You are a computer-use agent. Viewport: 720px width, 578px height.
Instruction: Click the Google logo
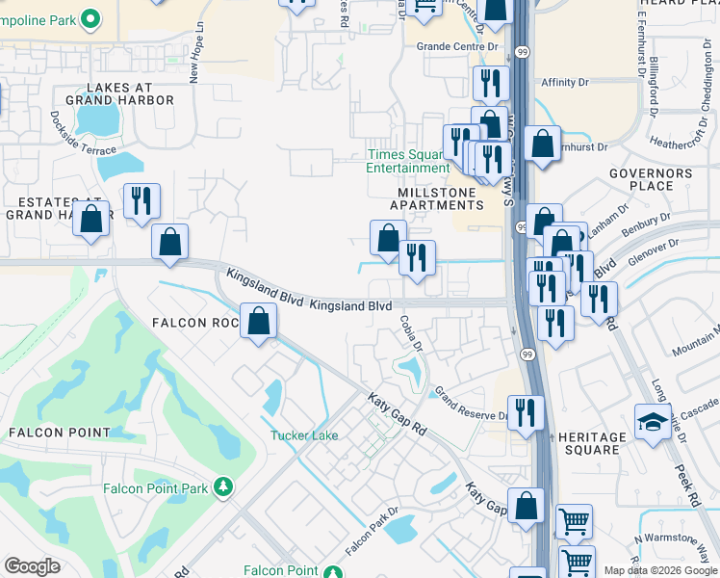coord(32,566)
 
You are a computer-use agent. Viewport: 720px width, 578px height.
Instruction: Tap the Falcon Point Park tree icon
coord(223,487)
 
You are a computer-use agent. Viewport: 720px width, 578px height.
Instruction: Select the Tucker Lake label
coord(303,435)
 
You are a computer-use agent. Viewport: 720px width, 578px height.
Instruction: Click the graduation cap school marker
coord(653,422)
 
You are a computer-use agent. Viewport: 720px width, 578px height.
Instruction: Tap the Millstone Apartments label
coord(438,199)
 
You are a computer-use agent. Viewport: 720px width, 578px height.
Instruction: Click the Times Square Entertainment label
coord(408,161)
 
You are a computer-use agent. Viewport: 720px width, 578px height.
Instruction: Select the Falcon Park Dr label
coord(372,530)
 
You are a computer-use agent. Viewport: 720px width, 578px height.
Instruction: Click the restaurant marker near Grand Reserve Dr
coord(526,411)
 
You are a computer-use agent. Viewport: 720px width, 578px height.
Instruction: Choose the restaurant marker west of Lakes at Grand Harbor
coord(141,200)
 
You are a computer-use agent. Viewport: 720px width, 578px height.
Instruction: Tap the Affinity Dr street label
coord(571,82)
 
